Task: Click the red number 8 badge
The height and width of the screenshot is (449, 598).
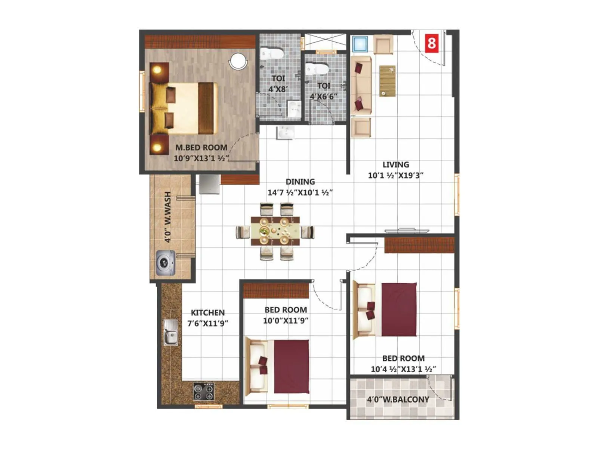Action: tap(432, 43)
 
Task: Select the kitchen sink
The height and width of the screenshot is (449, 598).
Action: tap(170, 332)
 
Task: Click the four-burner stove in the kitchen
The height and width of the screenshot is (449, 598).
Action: tap(204, 391)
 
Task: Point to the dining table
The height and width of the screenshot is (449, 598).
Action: tap(275, 231)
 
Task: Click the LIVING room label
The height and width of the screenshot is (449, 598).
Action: tap(395, 165)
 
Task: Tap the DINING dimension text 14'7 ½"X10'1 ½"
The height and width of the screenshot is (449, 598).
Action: tap(300, 193)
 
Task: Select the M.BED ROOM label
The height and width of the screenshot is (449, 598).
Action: tap(201, 148)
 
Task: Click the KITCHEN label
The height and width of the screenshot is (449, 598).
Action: tap(208, 312)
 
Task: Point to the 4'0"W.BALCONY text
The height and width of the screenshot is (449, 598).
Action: tap(398, 400)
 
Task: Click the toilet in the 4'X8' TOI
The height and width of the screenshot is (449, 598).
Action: tap(272, 54)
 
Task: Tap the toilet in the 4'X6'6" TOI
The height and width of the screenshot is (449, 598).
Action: tap(317, 69)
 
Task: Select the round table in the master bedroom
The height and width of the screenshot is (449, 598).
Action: tap(238, 61)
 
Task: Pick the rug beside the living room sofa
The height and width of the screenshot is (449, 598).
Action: tap(387, 81)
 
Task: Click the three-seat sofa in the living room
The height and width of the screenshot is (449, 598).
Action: tap(361, 85)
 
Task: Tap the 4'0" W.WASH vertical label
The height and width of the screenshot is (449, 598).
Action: tap(168, 217)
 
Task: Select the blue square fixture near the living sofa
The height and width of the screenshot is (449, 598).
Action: tap(360, 44)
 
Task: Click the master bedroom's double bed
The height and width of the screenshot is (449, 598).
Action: tap(183, 109)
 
